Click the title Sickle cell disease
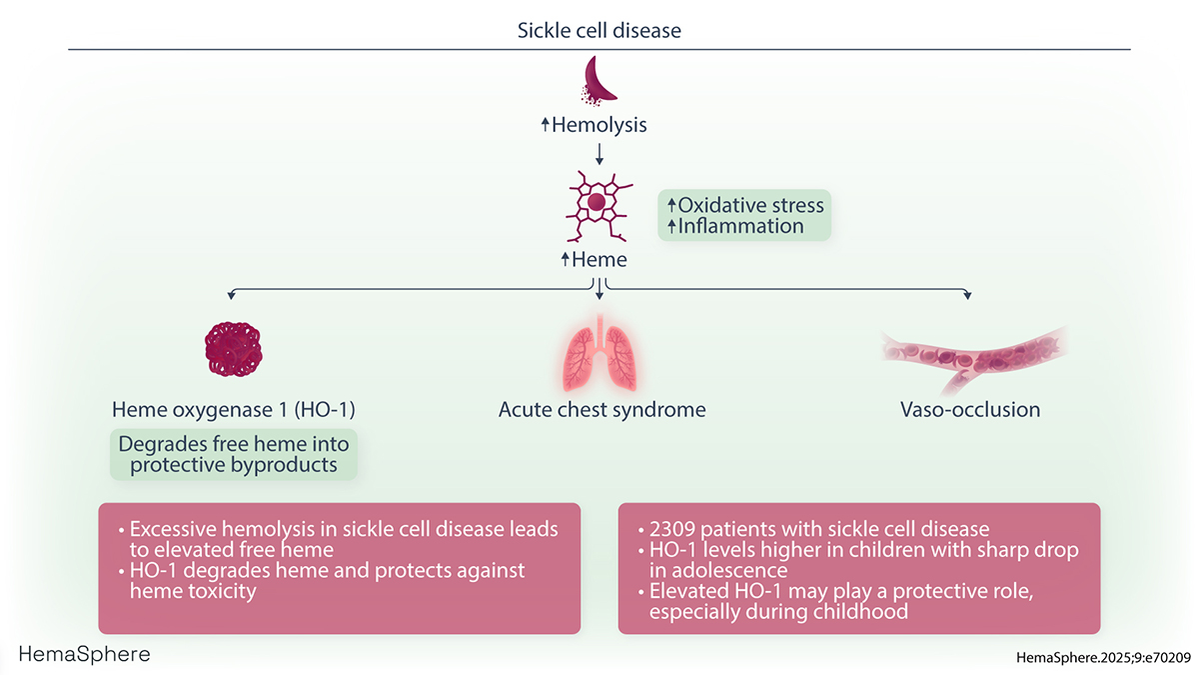click(x=599, y=30)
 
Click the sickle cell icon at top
click(x=599, y=80)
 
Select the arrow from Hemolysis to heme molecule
click(x=599, y=152)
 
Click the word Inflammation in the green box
click(x=740, y=226)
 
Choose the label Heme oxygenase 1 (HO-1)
click(x=233, y=409)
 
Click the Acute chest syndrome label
click(x=601, y=409)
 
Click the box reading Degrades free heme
click(x=234, y=454)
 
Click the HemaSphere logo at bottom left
click(x=85, y=654)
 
